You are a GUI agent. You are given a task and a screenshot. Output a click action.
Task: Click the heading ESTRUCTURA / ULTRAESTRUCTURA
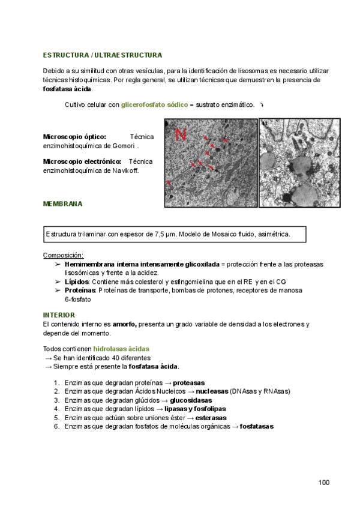pyautogui.click(x=102, y=55)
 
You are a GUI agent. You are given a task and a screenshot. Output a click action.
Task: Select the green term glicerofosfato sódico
pyautogui.click(x=154, y=104)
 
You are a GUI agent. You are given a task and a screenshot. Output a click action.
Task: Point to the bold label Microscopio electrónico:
pyautogui.click(x=82, y=161)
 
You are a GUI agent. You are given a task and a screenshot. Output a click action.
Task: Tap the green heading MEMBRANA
pyautogui.click(x=62, y=203)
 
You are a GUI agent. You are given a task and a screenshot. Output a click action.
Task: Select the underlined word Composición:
pyautogui.click(x=63, y=255)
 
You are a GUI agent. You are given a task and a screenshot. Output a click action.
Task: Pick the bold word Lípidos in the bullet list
pyautogui.click(x=77, y=282)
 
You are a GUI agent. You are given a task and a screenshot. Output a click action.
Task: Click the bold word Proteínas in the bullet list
pyautogui.click(x=80, y=290)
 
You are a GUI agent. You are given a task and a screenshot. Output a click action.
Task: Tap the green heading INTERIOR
pyautogui.click(x=59, y=315)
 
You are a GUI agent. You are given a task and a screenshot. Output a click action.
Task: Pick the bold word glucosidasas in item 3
pyautogui.click(x=190, y=400)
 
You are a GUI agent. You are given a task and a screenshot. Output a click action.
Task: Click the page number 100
pyautogui.click(x=324, y=483)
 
